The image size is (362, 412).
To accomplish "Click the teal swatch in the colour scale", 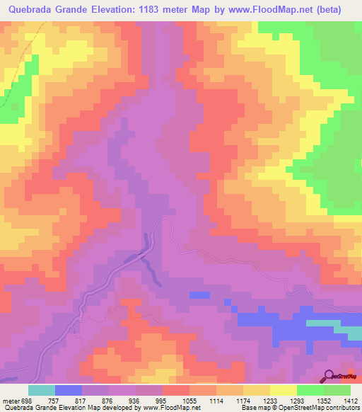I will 42,390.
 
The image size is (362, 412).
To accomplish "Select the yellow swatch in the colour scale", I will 284,390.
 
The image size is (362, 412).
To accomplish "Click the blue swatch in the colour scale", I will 69,390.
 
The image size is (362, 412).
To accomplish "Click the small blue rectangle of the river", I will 199,294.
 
